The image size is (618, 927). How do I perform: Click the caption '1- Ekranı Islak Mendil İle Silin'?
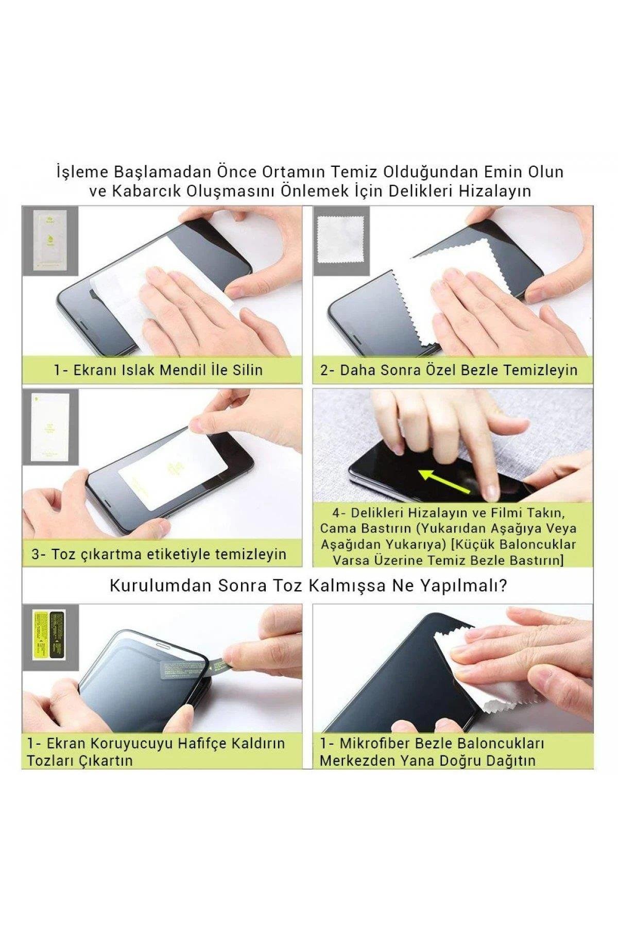[x=159, y=370]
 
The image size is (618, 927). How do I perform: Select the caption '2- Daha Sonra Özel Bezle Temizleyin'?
[x=449, y=370]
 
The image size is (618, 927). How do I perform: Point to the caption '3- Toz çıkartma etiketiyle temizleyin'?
[x=159, y=554]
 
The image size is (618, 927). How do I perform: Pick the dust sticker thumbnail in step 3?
[x=50, y=425]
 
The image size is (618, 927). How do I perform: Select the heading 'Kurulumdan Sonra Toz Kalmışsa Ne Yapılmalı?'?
[x=308, y=586]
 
